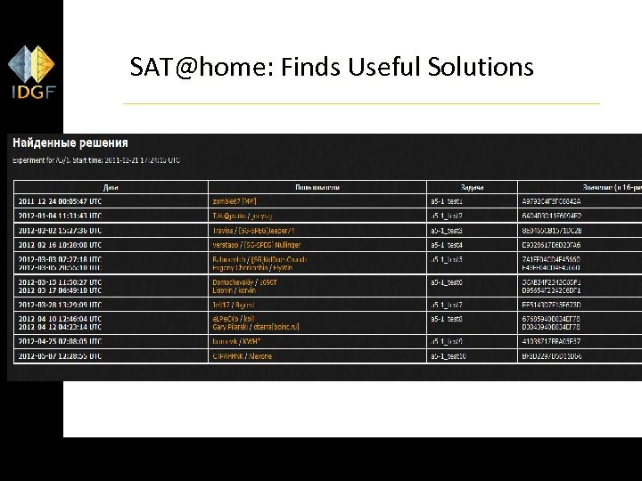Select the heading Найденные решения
pyautogui.click(x=70, y=143)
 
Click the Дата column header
pyautogui.click(x=111, y=187)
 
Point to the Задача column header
pyautogui.click(x=472, y=187)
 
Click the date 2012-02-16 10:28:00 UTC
pyautogui.click(x=60, y=245)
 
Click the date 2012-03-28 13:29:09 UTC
pyautogui.click(x=60, y=304)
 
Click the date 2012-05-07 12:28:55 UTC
pyautogui.click(x=60, y=355)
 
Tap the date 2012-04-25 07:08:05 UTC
pyautogui.click(x=60, y=341)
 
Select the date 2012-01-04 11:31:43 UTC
pyautogui.click(x=60, y=216)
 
